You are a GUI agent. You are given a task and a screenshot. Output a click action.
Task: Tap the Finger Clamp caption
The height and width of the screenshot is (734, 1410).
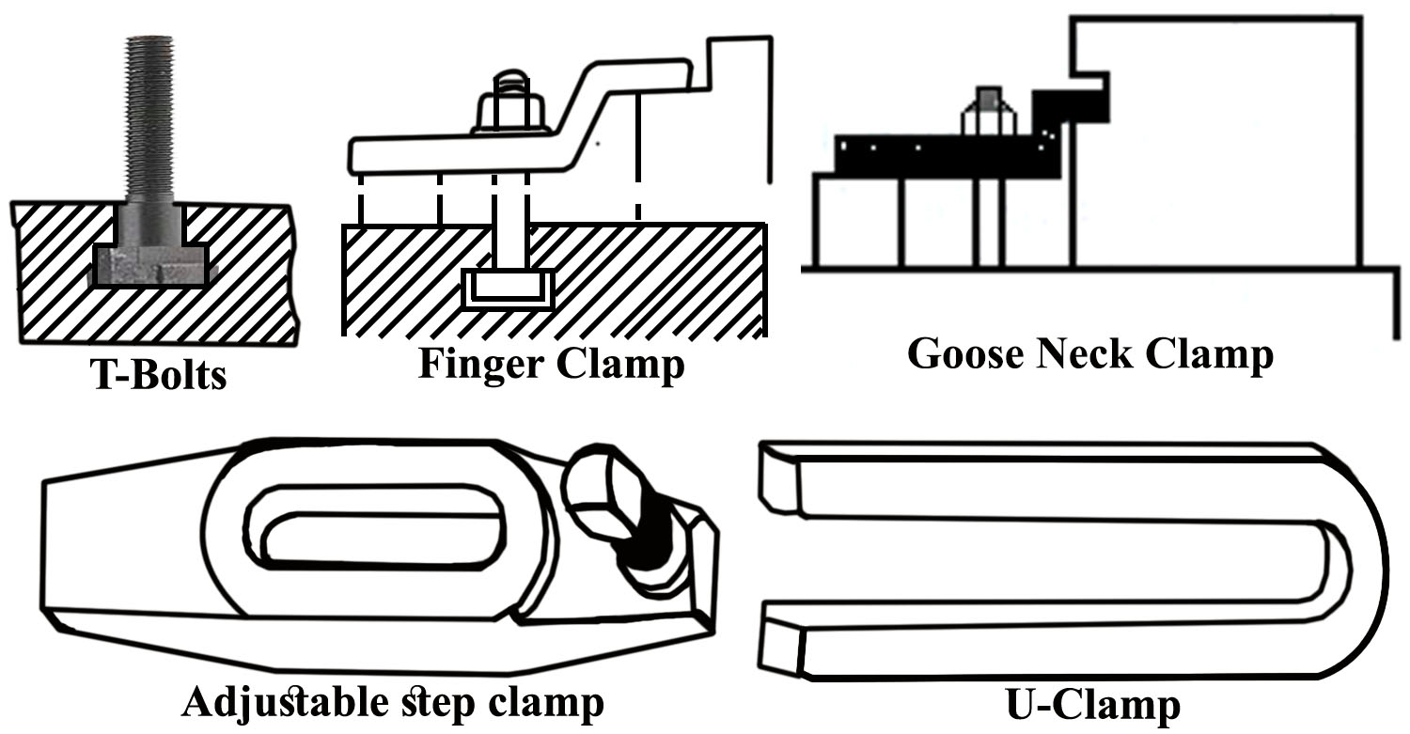[552, 364]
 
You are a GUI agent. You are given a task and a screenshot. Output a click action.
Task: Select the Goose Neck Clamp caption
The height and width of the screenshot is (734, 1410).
[1089, 355]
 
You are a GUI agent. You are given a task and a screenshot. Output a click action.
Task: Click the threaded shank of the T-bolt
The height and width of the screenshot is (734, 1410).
[150, 113]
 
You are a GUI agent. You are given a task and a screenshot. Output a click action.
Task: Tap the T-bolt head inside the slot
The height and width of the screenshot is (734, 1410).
[150, 264]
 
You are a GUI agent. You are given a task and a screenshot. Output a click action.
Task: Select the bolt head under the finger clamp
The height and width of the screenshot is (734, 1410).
[509, 287]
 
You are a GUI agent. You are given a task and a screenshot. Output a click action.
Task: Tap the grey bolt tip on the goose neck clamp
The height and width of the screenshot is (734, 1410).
[986, 99]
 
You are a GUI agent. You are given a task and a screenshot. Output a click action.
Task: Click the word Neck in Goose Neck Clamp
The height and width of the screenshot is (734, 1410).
[1084, 355]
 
